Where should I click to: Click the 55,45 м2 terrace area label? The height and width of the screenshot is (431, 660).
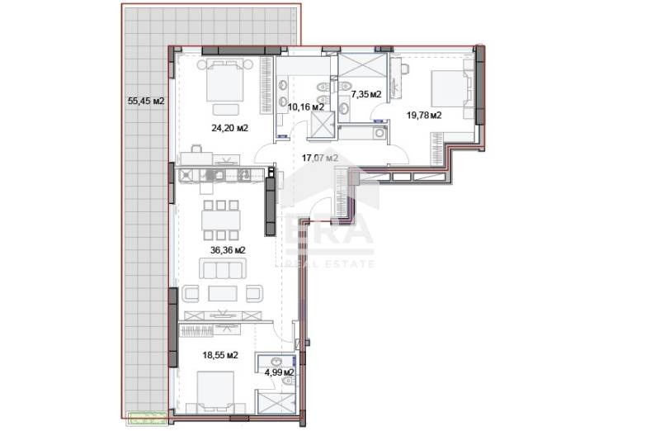point(146,102)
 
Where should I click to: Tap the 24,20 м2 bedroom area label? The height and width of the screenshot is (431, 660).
point(230,128)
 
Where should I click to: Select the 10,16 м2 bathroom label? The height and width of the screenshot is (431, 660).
point(304,107)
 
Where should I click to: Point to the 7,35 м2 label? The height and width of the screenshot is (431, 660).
point(365,95)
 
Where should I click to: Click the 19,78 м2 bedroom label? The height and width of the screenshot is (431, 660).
point(424,116)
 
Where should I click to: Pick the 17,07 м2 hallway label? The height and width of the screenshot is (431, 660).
point(321,157)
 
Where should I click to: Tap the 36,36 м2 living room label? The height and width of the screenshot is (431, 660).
point(229,249)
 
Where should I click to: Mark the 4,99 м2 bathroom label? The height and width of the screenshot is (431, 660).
point(279,372)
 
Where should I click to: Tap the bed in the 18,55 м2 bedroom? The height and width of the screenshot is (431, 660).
point(215,391)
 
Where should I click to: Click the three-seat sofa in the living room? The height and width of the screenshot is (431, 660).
point(222,269)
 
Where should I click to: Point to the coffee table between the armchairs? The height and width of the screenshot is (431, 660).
point(223,293)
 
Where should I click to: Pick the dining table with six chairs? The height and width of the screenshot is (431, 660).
point(220,218)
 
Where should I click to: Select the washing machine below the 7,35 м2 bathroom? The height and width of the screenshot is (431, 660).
point(379,131)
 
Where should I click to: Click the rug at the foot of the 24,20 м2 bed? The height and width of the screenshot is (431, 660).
point(225,109)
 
